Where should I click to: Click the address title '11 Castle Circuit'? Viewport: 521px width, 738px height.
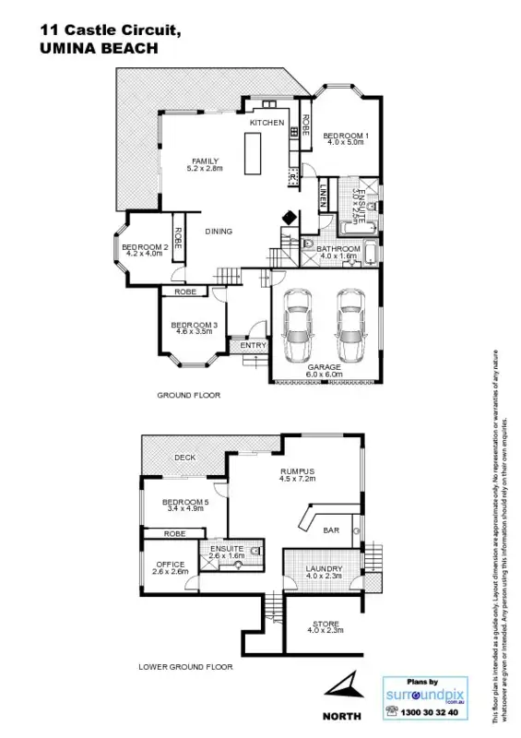111,30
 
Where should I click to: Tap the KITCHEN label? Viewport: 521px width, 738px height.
267,122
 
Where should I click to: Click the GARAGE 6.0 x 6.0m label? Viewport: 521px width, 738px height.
325,371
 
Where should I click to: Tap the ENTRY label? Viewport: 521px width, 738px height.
253,346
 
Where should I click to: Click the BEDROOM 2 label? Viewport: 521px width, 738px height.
144,249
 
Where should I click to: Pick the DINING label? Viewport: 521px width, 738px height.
219,232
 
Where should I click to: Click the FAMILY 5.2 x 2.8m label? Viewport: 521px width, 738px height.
205,165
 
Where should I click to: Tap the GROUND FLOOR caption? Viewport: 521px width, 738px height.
188,395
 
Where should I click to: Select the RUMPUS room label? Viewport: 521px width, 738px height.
297,475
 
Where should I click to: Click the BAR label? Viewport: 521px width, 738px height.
331,531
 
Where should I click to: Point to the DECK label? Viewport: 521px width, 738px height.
184,458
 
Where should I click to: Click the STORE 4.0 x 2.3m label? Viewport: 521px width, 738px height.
325,627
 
